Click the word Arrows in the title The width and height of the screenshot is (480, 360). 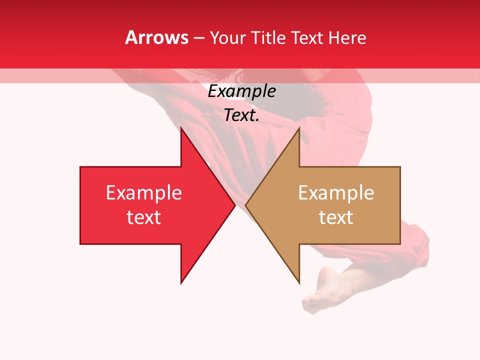(x=157, y=37)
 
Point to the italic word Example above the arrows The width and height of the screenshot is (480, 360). (x=241, y=91)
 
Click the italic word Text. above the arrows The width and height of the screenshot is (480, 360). (x=241, y=115)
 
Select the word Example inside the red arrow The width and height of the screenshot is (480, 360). (x=144, y=193)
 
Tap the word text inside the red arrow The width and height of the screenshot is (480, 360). (x=144, y=217)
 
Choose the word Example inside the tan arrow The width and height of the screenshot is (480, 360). (x=336, y=193)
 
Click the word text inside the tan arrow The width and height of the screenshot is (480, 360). (x=336, y=217)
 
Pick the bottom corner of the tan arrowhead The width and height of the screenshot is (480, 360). (x=299, y=282)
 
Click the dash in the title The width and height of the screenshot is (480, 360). (x=199, y=38)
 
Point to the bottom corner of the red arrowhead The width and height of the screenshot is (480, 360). (x=181, y=282)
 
